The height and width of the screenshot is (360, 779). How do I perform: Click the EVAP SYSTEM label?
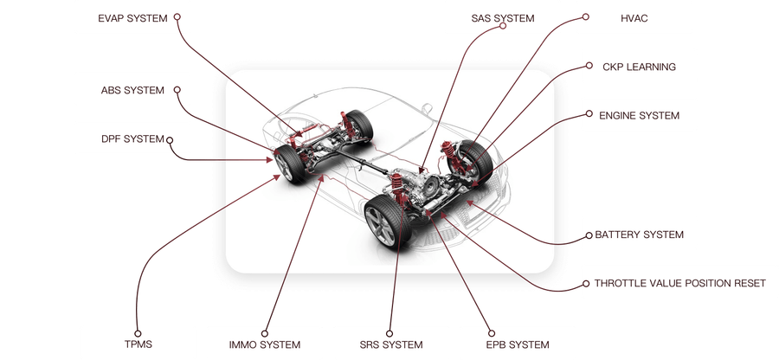tap(132, 18)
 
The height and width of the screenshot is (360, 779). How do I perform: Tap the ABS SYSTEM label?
tap(132, 90)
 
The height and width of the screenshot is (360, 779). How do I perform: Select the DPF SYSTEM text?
tap(132, 139)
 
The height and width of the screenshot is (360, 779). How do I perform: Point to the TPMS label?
tap(138, 344)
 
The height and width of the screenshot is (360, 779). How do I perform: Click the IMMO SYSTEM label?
tap(265, 344)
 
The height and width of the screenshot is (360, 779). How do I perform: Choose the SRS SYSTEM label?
tap(391, 344)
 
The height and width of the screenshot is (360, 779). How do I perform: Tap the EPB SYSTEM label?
tap(518, 344)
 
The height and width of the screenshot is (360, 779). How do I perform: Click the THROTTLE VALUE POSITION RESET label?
tap(680, 284)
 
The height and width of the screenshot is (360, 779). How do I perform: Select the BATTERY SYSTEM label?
tap(640, 235)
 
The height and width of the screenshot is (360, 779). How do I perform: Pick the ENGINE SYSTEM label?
tap(639, 116)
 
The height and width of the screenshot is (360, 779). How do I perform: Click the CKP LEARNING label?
tap(639, 67)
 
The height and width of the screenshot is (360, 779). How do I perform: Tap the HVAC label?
tap(634, 18)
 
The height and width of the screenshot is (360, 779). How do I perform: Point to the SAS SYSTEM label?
tap(503, 18)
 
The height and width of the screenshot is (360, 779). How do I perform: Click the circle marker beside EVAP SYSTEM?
tap(177, 17)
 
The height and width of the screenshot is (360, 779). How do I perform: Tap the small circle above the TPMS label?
tap(138, 334)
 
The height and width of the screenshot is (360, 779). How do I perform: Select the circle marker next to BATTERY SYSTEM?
tap(589, 235)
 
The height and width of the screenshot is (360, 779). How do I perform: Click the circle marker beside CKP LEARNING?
tap(589, 65)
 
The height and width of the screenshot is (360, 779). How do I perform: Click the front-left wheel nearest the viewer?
tap(388, 221)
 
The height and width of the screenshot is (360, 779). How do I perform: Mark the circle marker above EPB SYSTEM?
tap(492, 334)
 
